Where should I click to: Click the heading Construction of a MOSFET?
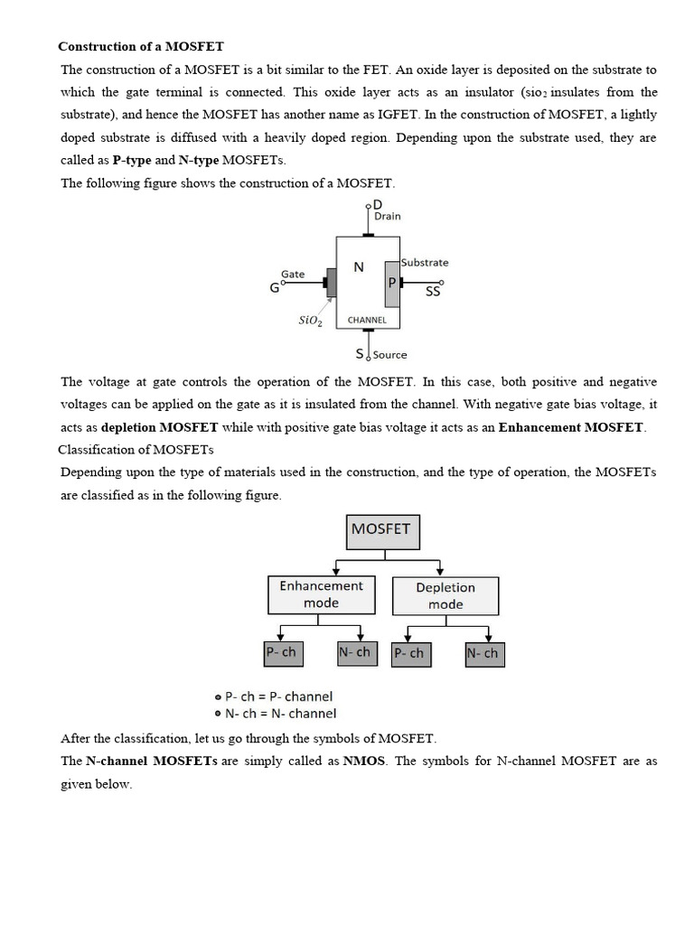point(141,45)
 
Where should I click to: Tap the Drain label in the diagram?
point(387,217)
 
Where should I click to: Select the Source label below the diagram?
point(389,355)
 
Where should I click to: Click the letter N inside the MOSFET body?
point(358,267)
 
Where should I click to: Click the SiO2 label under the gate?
point(310,321)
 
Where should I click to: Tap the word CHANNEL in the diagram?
point(367,320)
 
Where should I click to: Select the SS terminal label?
point(433,292)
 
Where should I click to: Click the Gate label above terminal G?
point(293,274)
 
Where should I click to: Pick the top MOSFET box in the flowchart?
point(383,531)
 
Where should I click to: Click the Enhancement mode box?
point(321,594)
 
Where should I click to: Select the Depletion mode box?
point(445,596)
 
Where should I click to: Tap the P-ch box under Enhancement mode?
point(280,652)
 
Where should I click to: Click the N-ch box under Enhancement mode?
point(354,652)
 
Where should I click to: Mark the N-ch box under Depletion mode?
point(483,653)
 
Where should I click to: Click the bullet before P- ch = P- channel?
point(218,697)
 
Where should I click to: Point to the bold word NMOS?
point(364,761)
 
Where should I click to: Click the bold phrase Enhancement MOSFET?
point(571,427)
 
